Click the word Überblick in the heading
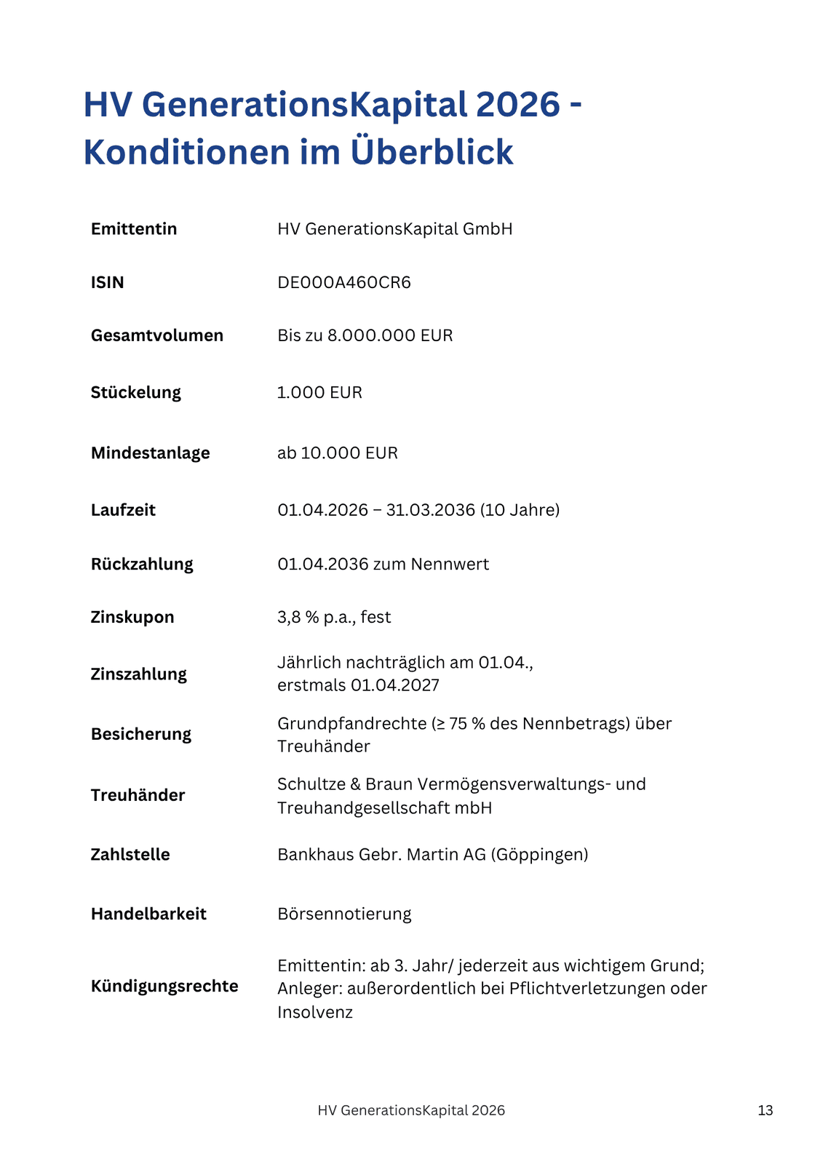(x=432, y=152)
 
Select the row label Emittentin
(x=134, y=229)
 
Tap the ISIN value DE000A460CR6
(x=344, y=282)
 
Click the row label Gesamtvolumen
(x=157, y=335)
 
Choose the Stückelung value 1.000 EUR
(x=319, y=393)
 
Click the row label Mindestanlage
(x=150, y=453)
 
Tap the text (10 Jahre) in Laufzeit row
(x=520, y=510)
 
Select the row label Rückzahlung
(x=142, y=565)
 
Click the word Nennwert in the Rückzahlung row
(x=450, y=565)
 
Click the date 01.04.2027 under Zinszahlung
(x=395, y=685)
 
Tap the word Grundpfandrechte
(x=351, y=724)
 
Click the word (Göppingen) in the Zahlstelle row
(x=539, y=854)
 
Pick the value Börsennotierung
(x=344, y=914)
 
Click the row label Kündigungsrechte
(x=164, y=986)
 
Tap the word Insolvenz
(x=315, y=1012)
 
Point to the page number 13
(x=766, y=1110)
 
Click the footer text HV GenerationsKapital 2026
(x=411, y=1110)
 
